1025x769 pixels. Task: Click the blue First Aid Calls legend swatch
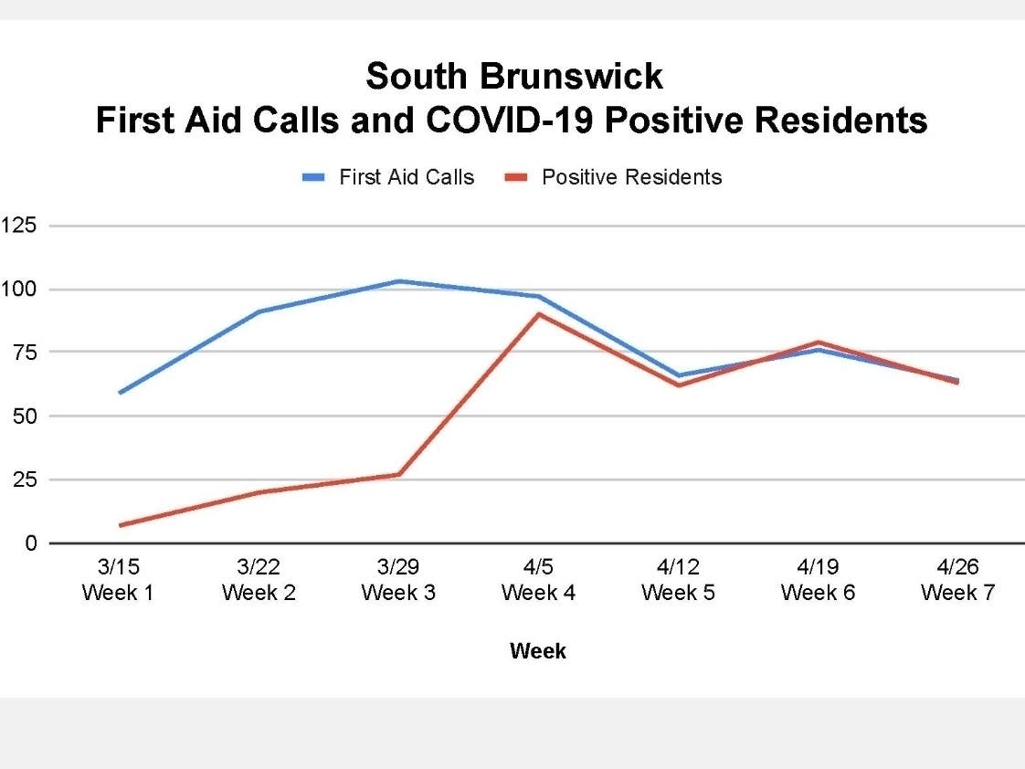pos(314,178)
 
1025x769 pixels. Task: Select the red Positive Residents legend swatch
pos(517,178)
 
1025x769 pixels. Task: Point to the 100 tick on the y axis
pos(17,290)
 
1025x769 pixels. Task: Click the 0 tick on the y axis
pos(31,544)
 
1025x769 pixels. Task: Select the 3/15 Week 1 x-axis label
pos(119,581)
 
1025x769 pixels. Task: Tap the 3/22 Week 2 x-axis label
pos(259,581)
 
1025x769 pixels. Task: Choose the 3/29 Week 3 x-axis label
pos(398,581)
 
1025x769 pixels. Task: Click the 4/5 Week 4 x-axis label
pos(538,581)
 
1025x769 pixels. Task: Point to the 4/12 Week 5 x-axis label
pos(678,581)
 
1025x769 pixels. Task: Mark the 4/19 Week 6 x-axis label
pos(818,581)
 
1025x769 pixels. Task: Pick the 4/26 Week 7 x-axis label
pos(957,581)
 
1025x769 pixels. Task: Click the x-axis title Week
pos(538,651)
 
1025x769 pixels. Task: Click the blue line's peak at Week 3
pos(399,281)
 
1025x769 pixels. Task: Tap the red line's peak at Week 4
pos(539,314)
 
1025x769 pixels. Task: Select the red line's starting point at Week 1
pos(120,525)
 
